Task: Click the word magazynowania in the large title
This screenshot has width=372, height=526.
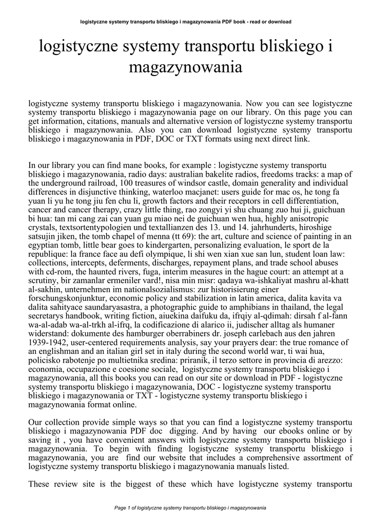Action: [186, 68]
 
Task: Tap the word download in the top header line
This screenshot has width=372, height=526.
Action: [279, 22]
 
